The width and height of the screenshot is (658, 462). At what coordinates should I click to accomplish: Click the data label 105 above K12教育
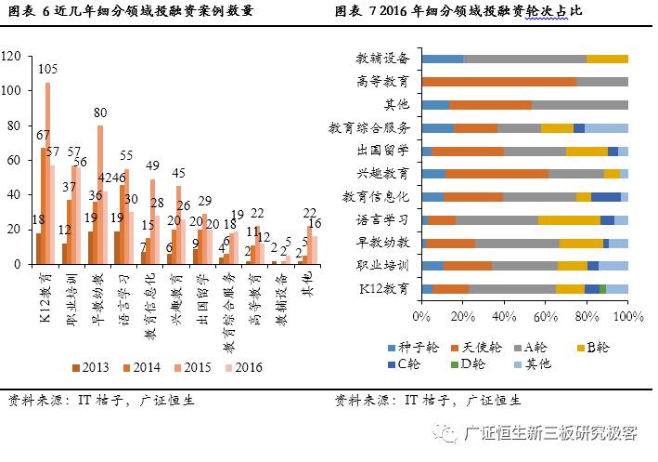[48, 69]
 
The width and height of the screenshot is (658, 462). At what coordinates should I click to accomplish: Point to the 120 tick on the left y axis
[11, 57]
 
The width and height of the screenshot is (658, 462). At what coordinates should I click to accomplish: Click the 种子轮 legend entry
[413, 347]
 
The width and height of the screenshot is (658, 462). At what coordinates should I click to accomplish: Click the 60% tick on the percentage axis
[546, 317]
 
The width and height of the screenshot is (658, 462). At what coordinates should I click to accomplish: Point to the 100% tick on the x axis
[628, 317]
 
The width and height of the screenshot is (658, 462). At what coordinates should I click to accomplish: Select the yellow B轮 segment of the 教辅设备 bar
[607, 59]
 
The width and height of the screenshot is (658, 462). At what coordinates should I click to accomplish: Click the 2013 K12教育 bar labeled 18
[38, 248]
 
